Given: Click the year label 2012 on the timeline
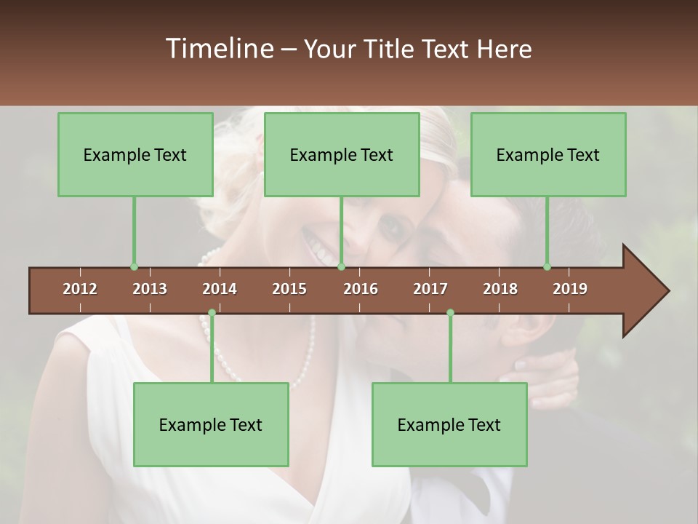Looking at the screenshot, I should point(80,289).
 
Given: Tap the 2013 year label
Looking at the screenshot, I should point(150,289).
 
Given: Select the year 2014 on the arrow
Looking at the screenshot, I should point(220,289).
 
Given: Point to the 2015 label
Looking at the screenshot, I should point(289,289).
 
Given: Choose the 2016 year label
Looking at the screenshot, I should point(361,289).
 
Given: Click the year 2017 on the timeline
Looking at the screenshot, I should point(430,289).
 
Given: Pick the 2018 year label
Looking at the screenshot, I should point(500,289).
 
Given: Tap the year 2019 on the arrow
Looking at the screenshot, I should point(570,289).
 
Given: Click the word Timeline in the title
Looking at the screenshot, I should point(218,49).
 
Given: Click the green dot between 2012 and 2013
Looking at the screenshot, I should point(134,267).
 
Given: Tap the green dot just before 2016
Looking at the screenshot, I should point(341,267).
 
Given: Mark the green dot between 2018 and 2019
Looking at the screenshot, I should point(547,267).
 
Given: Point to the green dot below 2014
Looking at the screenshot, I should point(212,313).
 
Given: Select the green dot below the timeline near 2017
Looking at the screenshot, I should point(450,313).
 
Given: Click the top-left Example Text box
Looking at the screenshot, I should point(135,154).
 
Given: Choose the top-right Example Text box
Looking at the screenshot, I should point(548,154).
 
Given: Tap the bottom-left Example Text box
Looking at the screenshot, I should point(211,424).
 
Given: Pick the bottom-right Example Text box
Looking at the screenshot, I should point(449,424).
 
